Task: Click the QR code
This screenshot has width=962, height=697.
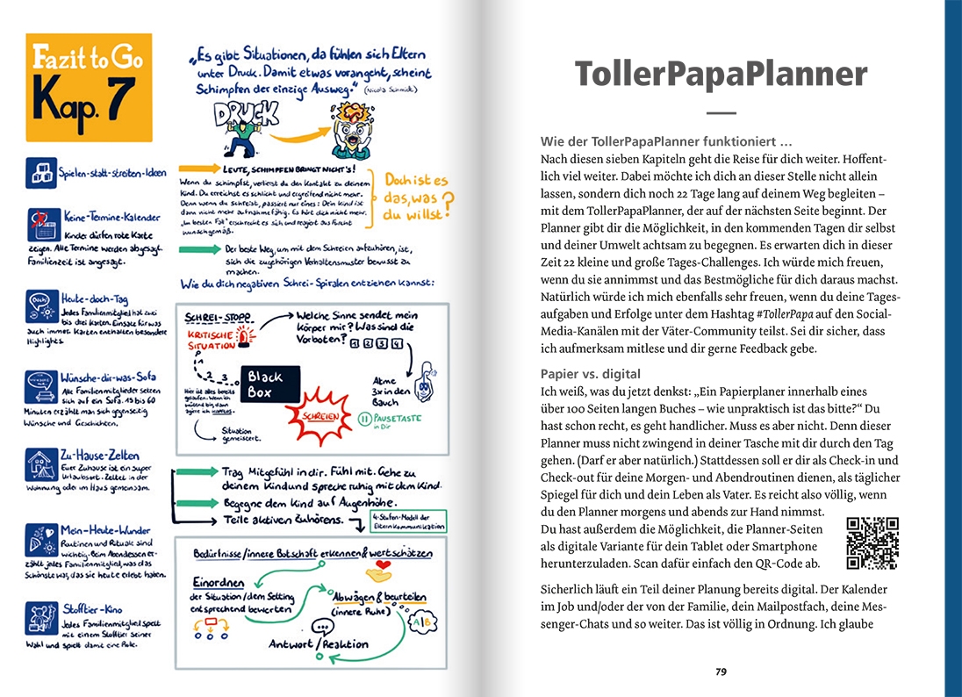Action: [872, 544]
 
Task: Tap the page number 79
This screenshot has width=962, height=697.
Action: [721, 672]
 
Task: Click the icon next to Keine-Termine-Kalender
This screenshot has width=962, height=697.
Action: [41, 222]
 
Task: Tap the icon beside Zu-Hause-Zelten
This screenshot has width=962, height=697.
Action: [41, 464]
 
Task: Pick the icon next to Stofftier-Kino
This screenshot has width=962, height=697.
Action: [41, 617]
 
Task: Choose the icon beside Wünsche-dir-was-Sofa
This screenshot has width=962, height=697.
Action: [41, 387]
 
